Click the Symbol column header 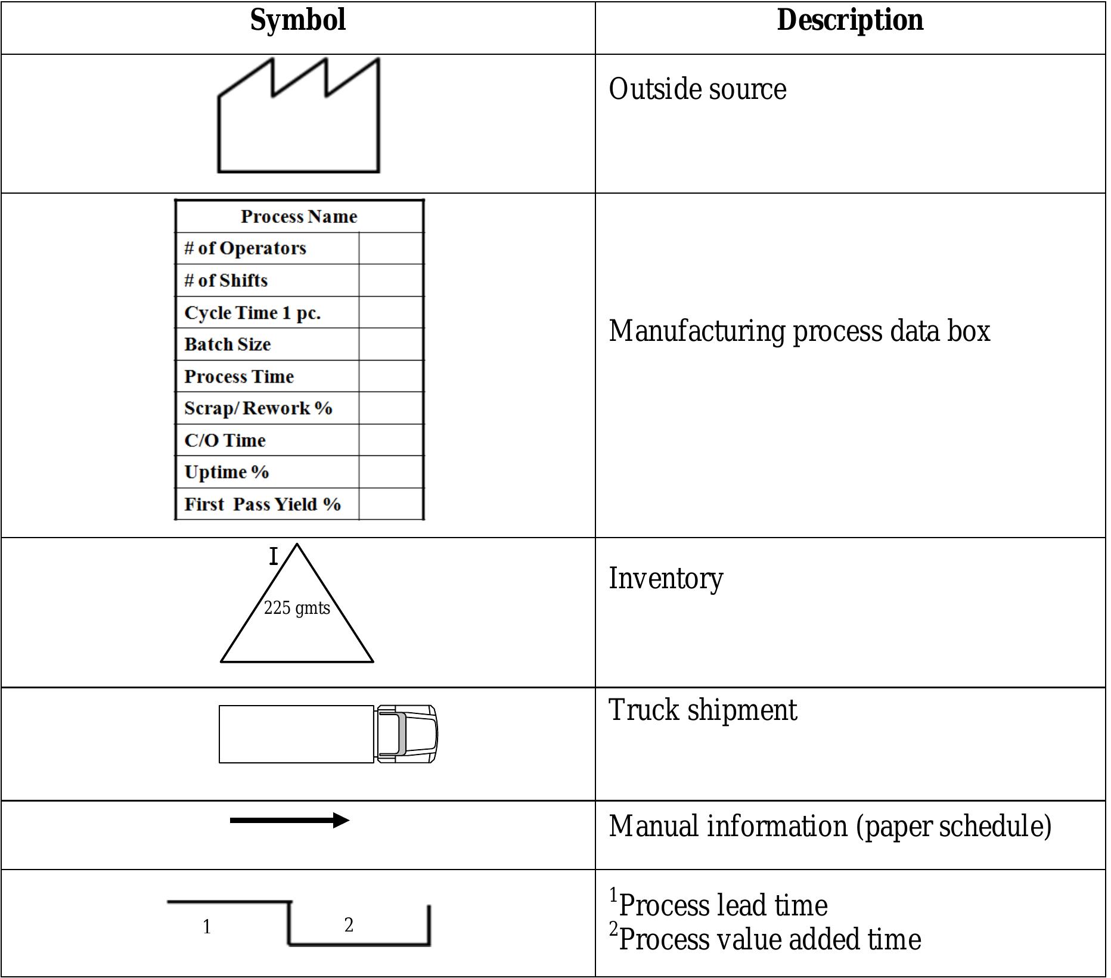point(297,20)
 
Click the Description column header point(850,20)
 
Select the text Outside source point(697,89)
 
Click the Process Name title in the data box point(299,216)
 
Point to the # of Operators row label point(245,249)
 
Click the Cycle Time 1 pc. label point(252,313)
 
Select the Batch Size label point(227,344)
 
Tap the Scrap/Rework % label point(257,408)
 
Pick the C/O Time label point(225,440)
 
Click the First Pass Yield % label point(262,504)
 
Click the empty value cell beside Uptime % point(391,472)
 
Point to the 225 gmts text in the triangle point(297,608)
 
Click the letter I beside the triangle point(274,557)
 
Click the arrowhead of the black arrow point(341,821)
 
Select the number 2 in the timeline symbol point(349,925)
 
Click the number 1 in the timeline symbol point(206,927)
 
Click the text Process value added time point(769,940)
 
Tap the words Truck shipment point(702,710)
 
